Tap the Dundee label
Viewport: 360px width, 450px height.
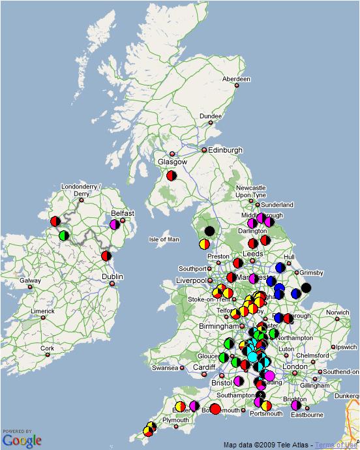pos(210,116)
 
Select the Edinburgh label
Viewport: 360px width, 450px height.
pos(225,150)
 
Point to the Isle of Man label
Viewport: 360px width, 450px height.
pos(164,239)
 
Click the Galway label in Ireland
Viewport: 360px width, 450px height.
pos(30,281)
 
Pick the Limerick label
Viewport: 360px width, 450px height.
pos(42,311)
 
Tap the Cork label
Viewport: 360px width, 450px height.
pos(46,348)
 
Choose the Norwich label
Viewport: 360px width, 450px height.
pos(338,312)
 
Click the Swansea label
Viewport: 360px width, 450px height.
pos(164,368)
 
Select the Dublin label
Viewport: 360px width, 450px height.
pos(112,277)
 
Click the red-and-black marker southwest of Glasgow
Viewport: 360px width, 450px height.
pos(172,175)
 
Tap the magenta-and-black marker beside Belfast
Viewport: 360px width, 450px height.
pos(115,224)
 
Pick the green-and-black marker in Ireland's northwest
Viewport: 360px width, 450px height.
pos(64,235)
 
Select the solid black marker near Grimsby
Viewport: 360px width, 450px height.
pos(306,288)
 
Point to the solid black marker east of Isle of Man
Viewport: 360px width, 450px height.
pos(209,231)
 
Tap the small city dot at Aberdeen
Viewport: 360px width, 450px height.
pos(237,85)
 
